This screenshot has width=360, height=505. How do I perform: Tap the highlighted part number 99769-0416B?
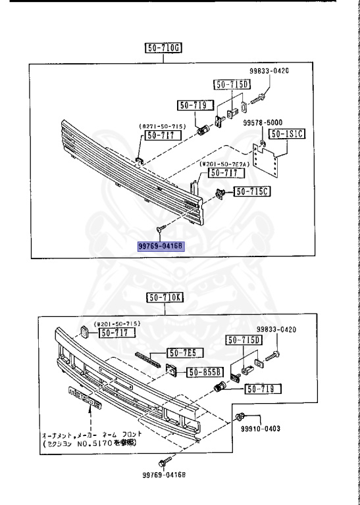(161, 247)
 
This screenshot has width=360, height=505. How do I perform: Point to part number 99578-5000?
(262, 123)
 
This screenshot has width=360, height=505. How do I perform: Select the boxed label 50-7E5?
(186, 352)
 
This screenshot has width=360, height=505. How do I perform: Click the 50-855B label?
(205, 372)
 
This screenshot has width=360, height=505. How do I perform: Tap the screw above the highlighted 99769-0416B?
(160, 228)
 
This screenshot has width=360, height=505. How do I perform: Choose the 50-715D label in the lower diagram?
(244, 340)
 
